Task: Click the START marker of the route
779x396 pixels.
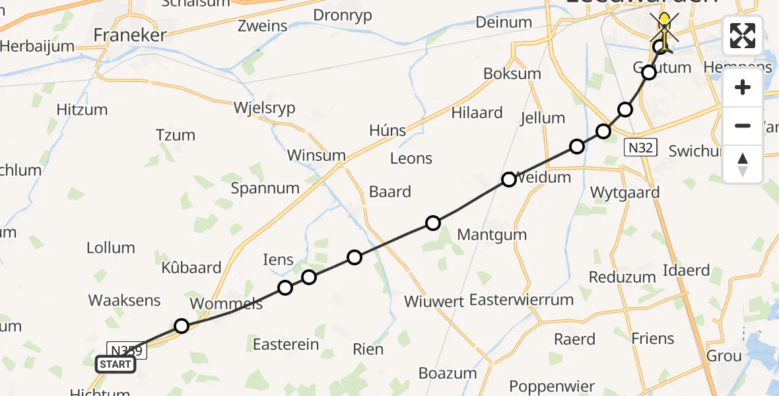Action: point(116,364)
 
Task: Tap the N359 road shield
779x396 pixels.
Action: point(126,350)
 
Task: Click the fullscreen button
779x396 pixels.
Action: point(743,36)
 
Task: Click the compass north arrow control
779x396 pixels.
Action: point(743,164)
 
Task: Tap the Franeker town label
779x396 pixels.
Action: point(129,35)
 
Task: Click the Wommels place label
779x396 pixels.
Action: point(226,304)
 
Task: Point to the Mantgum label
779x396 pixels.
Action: point(492,234)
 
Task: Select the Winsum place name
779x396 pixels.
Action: point(316,156)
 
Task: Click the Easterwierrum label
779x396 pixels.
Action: point(521,300)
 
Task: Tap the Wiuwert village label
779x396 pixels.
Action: point(433,302)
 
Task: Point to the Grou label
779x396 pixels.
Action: point(724,356)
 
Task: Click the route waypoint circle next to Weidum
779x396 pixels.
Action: point(508,180)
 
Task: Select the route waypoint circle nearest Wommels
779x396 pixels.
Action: point(182,325)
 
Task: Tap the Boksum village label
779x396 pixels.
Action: point(512,74)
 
